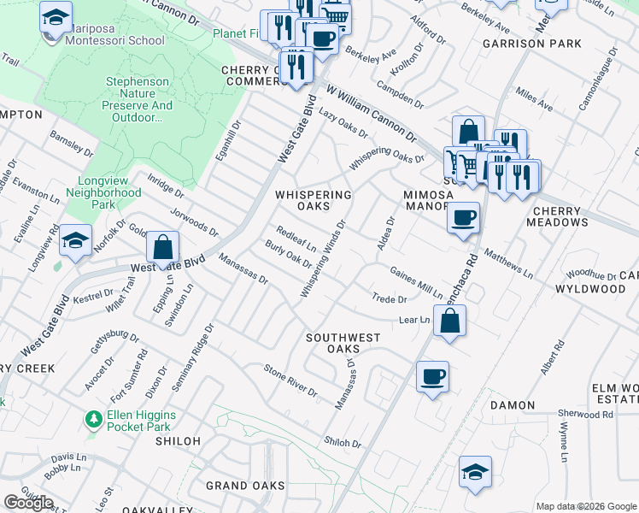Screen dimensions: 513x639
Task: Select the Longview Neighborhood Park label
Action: [97, 193]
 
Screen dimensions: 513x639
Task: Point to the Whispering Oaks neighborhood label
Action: [313, 200]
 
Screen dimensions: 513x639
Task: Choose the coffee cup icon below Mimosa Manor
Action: [463, 217]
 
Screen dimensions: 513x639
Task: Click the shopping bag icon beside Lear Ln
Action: [449, 321]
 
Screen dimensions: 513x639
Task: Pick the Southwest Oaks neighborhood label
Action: [343, 343]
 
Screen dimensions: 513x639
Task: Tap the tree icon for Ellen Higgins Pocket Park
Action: [93, 419]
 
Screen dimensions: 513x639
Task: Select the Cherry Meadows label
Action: [560, 216]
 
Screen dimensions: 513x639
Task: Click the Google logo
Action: [29, 502]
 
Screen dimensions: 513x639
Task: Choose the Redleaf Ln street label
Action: [296, 239]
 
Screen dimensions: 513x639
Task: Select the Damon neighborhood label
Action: [513, 405]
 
